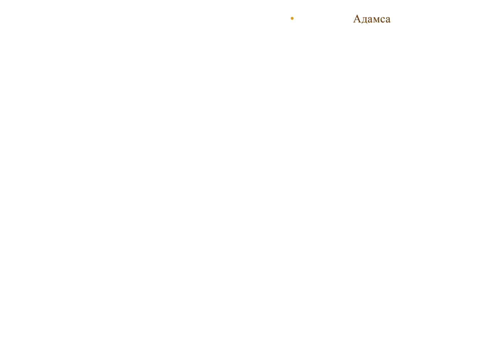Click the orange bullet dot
point(292,18)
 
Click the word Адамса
point(372,19)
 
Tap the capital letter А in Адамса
point(357,18)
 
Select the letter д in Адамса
point(364,20)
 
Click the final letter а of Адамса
point(388,20)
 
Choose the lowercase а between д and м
point(370,20)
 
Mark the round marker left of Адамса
point(292,18)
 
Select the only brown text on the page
point(372,19)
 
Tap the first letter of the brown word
point(357,18)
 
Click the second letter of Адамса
point(364,20)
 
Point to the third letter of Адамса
point(370,20)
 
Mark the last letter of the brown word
point(388,20)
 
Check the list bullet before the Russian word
point(292,18)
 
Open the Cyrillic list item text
point(372,19)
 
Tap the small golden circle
point(292,18)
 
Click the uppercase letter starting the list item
point(357,18)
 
